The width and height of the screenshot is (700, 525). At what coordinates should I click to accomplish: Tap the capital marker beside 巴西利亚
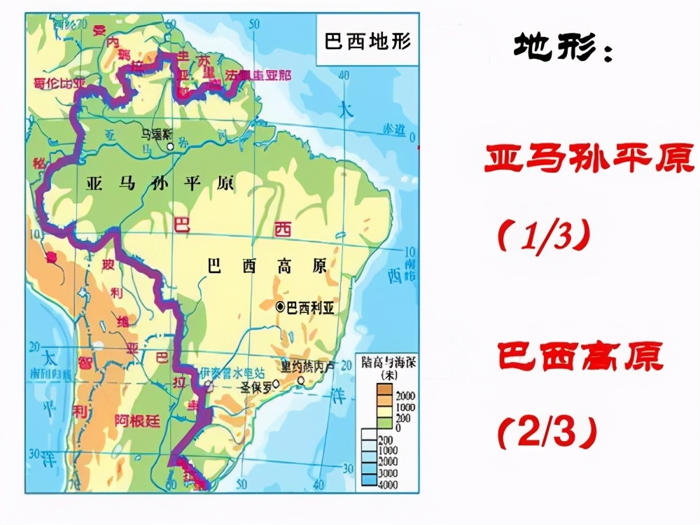[281, 306]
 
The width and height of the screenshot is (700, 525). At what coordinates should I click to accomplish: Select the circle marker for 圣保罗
[276, 384]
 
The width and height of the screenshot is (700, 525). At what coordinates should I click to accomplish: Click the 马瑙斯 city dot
[169, 147]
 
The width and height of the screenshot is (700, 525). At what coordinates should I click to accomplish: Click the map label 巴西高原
[267, 266]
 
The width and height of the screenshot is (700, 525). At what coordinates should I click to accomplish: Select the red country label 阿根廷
[138, 419]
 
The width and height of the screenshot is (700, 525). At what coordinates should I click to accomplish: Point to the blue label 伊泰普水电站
[232, 372]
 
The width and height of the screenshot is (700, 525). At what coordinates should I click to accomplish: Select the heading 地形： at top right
[562, 47]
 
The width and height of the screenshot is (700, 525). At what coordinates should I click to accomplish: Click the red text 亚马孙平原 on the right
[589, 160]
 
